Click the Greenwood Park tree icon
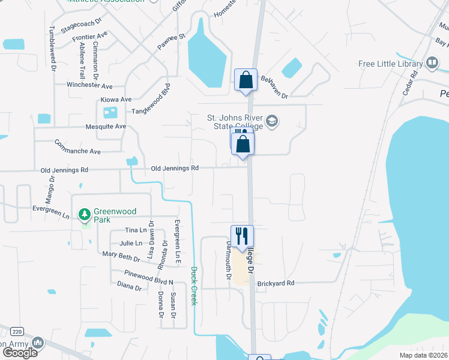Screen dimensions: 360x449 [x=85, y=214]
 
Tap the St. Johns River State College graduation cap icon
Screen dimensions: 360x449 [x=273, y=122]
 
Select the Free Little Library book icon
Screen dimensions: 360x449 [x=432, y=64]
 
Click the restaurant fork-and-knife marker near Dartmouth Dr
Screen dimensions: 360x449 [x=243, y=236]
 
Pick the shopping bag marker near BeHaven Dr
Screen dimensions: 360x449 [x=246, y=79]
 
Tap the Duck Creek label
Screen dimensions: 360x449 [x=194, y=286]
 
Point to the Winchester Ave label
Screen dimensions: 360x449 [x=89, y=86]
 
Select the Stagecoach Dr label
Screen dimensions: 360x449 [x=81, y=26]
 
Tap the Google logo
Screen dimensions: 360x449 [x=20, y=352]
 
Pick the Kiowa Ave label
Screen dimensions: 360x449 [x=116, y=100]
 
